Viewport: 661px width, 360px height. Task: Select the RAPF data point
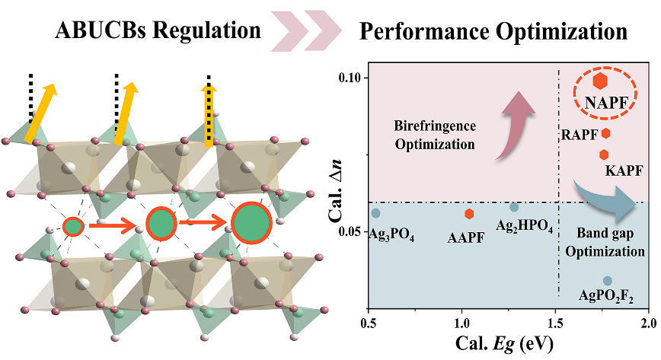coord(606,133)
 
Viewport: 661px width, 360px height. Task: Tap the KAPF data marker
coord(604,155)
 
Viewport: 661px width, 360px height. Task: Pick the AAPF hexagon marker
coord(469,214)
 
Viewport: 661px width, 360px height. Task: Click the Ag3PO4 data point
coord(375,213)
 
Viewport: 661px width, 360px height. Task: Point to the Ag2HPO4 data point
coord(514,207)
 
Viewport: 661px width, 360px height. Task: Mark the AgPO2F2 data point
coord(607,281)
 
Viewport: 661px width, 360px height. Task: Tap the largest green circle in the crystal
coord(251,225)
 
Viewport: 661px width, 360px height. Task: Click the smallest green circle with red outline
coord(73,226)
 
